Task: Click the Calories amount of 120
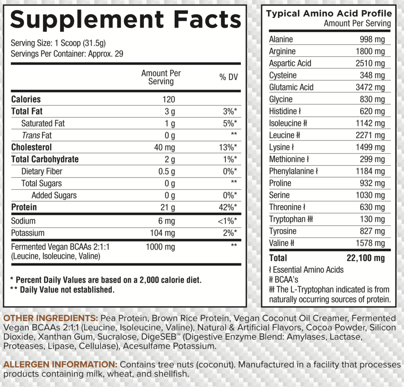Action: point(168,99)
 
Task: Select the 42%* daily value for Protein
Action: point(228,207)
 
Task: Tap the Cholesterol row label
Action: point(31,147)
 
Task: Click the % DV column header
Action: point(228,77)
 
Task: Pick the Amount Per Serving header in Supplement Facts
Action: point(161,77)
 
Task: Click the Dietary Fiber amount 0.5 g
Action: point(166,172)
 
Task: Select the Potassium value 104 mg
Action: point(162,233)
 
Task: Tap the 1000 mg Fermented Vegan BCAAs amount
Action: point(160,247)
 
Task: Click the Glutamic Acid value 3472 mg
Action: point(370,87)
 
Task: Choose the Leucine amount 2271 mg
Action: point(370,135)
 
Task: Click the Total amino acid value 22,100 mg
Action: point(365,258)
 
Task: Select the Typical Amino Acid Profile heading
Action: point(329,14)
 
